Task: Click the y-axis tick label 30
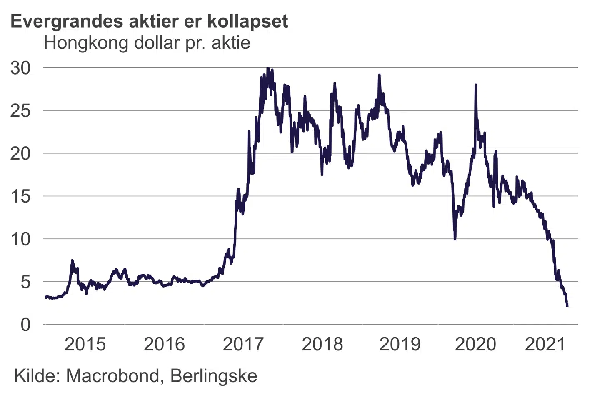click(20, 68)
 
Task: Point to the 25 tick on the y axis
click(20, 111)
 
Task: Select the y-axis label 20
click(20, 154)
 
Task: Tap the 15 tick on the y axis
click(20, 196)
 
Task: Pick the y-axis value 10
click(20, 239)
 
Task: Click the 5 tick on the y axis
click(25, 282)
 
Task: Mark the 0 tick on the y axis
click(25, 325)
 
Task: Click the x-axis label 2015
click(85, 344)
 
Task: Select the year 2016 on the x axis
click(164, 344)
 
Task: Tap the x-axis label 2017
click(243, 344)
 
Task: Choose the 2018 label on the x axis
click(322, 344)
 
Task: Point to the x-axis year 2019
click(400, 344)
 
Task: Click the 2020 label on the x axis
click(475, 344)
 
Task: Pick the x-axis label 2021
click(545, 344)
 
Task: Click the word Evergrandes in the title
click(67, 22)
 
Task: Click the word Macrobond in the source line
click(113, 376)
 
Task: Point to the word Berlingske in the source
click(214, 376)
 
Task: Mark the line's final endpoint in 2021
click(567, 305)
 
